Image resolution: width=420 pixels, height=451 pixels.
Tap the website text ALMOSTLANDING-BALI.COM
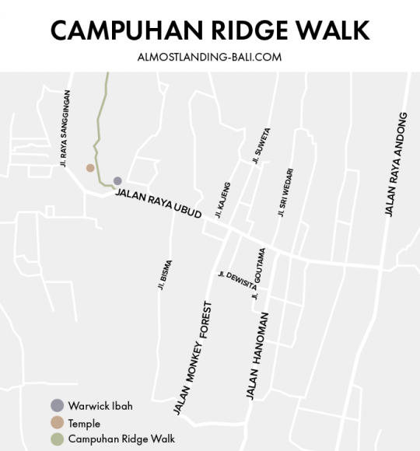click(x=209, y=57)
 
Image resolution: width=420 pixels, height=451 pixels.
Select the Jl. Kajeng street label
click(x=223, y=200)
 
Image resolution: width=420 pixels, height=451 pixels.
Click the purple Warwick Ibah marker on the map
click(x=117, y=180)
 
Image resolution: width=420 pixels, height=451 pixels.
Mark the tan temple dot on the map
click(x=90, y=167)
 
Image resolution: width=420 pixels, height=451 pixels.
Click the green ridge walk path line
click(x=99, y=117)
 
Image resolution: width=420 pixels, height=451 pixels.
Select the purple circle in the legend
click(x=56, y=405)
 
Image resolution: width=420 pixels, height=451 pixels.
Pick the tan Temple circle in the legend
click(x=56, y=422)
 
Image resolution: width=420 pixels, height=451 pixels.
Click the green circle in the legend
click(x=56, y=439)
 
